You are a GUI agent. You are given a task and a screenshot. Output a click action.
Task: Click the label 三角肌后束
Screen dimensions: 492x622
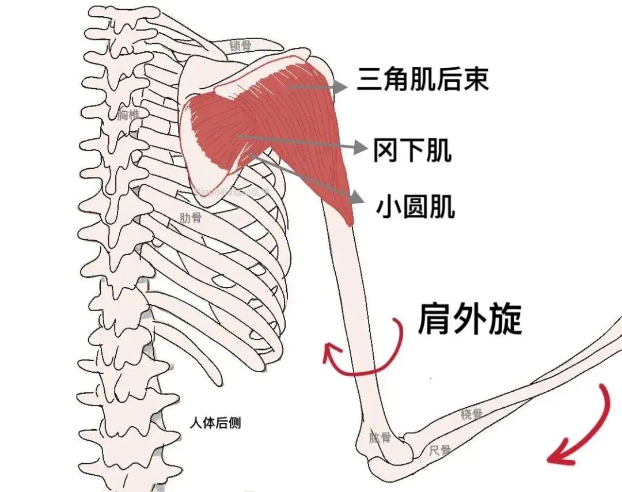(x=423, y=79)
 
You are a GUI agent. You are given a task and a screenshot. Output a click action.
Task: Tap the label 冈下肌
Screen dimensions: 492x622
(x=412, y=150)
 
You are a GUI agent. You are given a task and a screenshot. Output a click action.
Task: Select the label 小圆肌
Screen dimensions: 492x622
(x=415, y=206)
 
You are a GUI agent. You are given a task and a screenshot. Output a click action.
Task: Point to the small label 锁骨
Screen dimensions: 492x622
(x=240, y=46)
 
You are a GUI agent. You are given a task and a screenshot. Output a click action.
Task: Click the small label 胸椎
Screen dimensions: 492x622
(x=128, y=115)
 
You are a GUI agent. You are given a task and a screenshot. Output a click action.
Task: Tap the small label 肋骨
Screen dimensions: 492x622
(x=191, y=218)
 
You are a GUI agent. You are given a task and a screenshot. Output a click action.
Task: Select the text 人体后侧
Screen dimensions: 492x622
(x=215, y=423)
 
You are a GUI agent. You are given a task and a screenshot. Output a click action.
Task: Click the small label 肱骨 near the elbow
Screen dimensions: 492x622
(x=380, y=438)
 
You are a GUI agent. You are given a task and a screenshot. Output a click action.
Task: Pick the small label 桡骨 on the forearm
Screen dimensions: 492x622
(x=471, y=414)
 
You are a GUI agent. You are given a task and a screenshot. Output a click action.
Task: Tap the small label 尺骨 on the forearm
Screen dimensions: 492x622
(x=440, y=450)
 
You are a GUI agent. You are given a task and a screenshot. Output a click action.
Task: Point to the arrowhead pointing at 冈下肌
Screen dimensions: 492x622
(x=361, y=148)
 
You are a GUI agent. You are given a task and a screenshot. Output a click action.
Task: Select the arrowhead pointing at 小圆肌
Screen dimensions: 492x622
(x=357, y=198)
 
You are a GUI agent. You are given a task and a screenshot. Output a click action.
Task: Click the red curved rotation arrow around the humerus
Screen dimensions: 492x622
(x=369, y=357)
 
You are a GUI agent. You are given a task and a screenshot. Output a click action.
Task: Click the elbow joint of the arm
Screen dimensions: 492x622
(x=392, y=449)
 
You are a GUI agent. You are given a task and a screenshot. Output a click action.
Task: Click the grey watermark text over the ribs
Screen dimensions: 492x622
(x=230, y=192)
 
